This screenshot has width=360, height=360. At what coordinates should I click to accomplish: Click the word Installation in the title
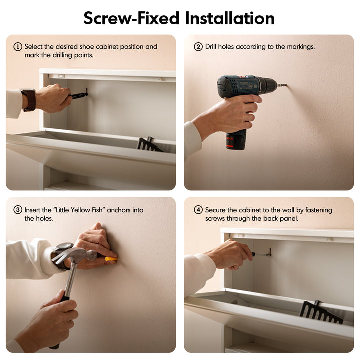[x=230, y=18]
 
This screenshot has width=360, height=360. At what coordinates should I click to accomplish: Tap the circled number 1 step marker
[x=18, y=47]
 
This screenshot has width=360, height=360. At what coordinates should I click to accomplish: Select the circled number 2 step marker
[x=198, y=47]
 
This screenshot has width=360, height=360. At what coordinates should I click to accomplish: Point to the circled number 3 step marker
[x=18, y=210]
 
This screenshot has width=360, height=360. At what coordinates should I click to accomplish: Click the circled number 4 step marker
[x=198, y=210]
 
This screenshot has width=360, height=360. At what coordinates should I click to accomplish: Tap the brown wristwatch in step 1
[x=29, y=100]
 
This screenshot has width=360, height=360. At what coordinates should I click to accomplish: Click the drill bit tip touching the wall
[x=286, y=86]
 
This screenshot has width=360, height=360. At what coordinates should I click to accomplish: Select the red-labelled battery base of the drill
[x=236, y=140]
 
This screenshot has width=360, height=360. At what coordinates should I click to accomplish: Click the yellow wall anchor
[x=111, y=259]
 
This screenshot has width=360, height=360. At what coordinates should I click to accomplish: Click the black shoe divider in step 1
[x=149, y=144]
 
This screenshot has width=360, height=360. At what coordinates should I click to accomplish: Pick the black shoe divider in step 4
[x=321, y=312]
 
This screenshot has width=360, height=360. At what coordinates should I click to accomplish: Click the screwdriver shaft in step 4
[x=261, y=254]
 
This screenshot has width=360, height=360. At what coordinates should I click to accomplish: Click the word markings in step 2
[x=301, y=47]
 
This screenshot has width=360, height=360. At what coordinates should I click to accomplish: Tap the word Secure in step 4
[x=215, y=210]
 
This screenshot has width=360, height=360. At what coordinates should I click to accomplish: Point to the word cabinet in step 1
[x=107, y=47]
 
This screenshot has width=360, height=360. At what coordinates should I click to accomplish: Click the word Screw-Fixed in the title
[x=131, y=18]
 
